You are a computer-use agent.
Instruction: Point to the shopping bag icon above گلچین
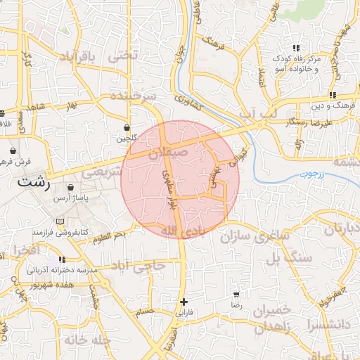point(127,129)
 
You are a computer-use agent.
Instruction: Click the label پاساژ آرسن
point(70,199)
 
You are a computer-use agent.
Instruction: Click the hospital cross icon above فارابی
point(184,301)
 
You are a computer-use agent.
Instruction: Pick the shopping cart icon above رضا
point(236,294)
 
